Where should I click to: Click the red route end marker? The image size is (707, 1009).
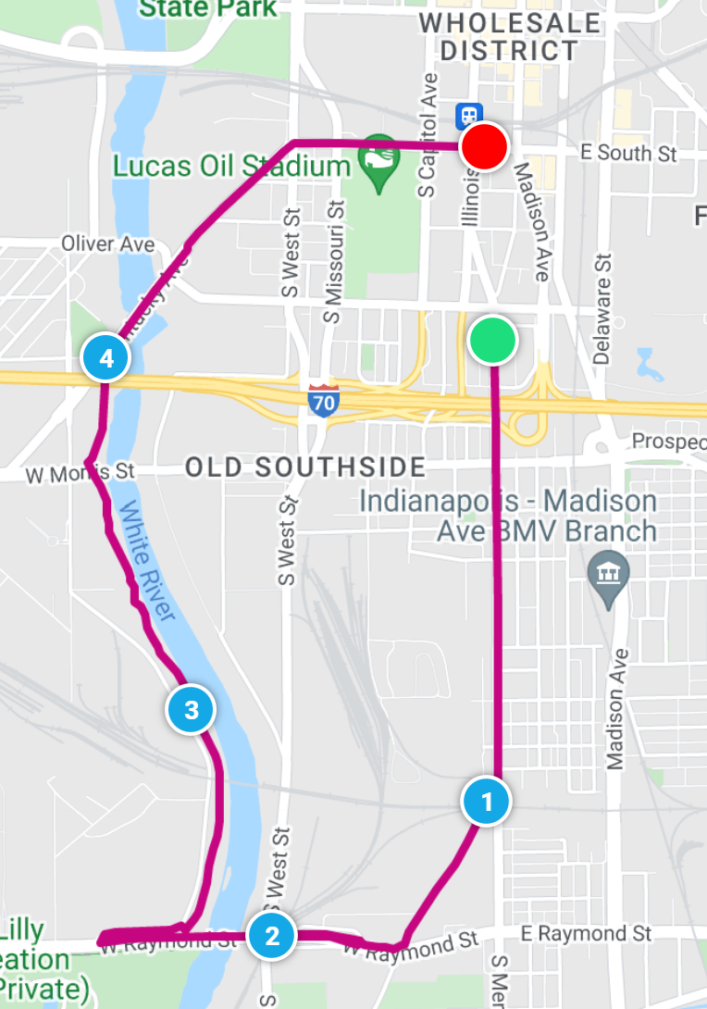pos(485,147)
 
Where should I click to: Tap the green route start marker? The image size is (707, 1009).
pos(492,340)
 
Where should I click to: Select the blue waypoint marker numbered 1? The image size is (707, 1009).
pos(487,802)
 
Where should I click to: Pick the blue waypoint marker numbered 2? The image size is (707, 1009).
pos(271,935)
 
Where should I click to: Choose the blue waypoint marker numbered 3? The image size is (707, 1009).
pos(191,710)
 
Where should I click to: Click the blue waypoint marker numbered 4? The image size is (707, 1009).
pos(105,357)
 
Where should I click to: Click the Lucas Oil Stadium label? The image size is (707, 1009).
pos(230,167)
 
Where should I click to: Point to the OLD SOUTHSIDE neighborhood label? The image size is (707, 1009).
pos(305,467)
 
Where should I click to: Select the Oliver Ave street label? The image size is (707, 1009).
pos(107,243)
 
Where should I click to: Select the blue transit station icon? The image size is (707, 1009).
pos(468,116)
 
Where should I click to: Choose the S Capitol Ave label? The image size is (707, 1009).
pos(427,137)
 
